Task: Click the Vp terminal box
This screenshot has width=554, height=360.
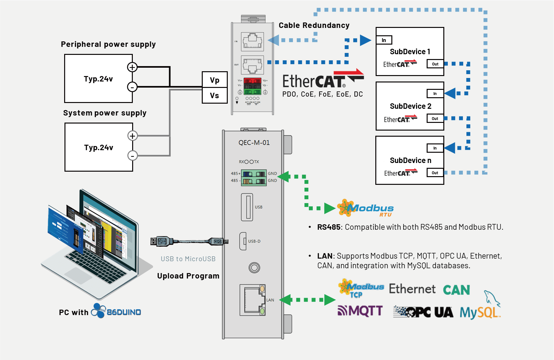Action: pyautogui.click(x=215, y=80)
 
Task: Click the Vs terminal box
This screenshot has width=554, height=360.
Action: pyautogui.click(x=215, y=96)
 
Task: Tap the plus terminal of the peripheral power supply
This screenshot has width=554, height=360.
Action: pyautogui.click(x=132, y=67)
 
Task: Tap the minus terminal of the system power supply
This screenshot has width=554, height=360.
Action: pyautogui.click(x=132, y=156)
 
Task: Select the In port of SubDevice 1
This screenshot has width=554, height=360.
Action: pyautogui.click(x=384, y=40)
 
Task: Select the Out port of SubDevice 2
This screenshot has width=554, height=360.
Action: pyautogui.click(x=435, y=118)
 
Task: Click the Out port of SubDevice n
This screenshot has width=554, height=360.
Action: pyautogui.click(x=435, y=173)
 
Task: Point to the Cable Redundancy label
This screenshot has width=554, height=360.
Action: pyautogui.click(x=314, y=25)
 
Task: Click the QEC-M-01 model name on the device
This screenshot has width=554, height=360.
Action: pyautogui.click(x=254, y=142)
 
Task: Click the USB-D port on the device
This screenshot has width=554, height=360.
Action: pyautogui.click(x=243, y=241)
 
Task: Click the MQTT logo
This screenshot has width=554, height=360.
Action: pyautogui.click(x=360, y=311)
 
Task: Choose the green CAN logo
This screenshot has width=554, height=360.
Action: pyautogui.click(x=456, y=290)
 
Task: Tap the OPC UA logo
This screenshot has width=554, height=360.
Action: pyautogui.click(x=423, y=312)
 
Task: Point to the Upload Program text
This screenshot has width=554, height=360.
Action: pyautogui.click(x=188, y=276)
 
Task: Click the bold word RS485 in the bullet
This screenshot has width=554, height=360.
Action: pyautogui.click(x=328, y=227)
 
